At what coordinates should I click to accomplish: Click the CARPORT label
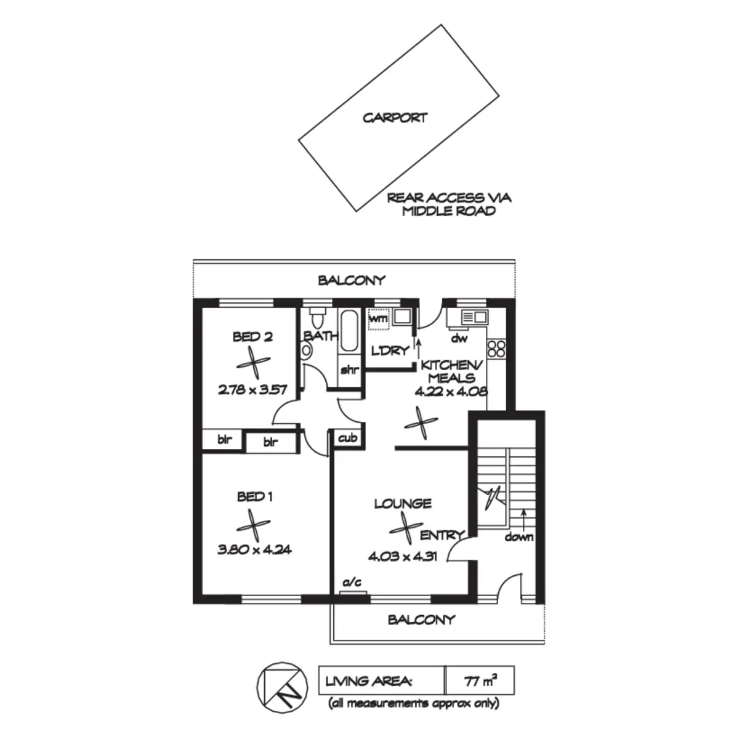395,118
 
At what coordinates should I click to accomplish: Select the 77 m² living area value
480,681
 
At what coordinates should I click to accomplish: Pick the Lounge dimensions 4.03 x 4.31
403,557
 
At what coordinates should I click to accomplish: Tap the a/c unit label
353,582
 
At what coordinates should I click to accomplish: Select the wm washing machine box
377,319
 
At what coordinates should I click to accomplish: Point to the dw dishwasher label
459,338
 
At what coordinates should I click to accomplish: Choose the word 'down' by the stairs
519,537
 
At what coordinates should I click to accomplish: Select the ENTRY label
442,535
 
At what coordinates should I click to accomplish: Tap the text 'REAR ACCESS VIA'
449,198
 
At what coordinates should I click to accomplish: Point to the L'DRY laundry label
390,350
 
